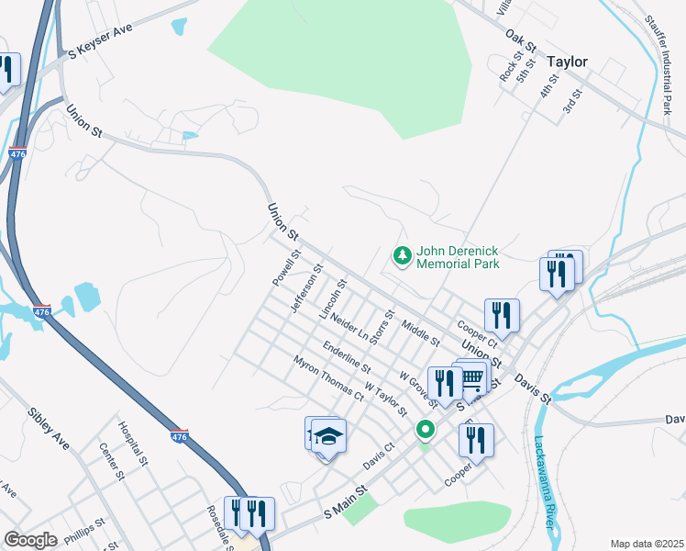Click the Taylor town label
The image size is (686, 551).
tap(567, 62)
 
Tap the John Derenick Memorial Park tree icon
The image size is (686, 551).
tap(401, 255)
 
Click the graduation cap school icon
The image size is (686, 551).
tap(329, 435)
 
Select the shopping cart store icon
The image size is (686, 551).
tap(471, 377)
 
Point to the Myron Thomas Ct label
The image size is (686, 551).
tap(327, 378)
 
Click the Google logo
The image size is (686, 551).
tap(30, 539)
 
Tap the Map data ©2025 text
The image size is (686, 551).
tap(646, 544)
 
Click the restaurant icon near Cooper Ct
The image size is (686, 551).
tap(502, 315)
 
